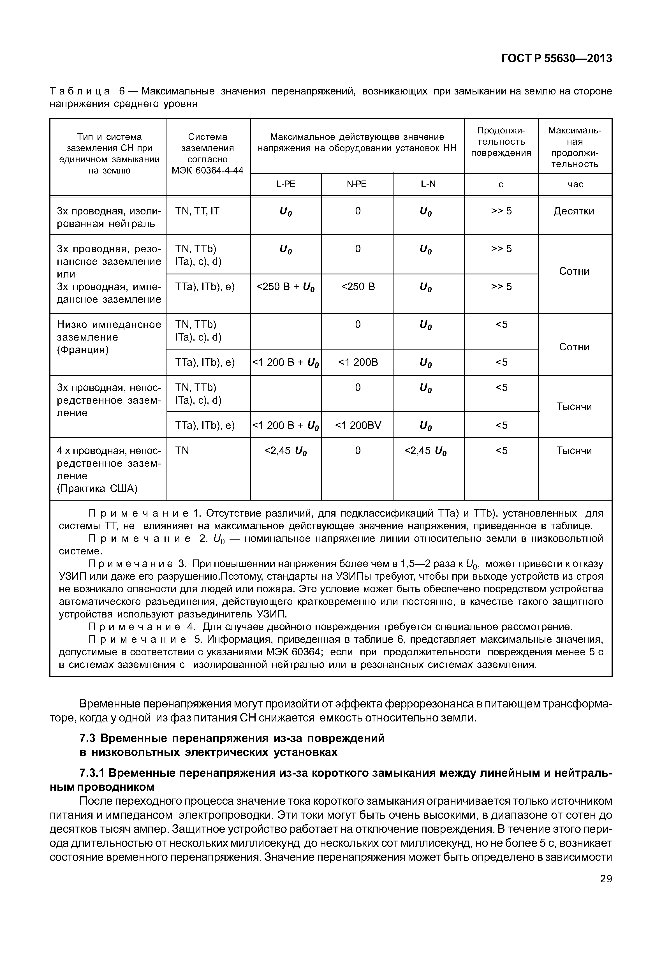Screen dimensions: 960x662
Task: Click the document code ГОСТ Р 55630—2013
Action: (x=556, y=59)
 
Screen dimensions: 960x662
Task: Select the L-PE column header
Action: (x=286, y=184)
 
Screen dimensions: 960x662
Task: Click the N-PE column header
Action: (x=357, y=184)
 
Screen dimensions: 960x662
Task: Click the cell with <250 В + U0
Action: (x=286, y=287)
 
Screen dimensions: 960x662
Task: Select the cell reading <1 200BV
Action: (x=358, y=425)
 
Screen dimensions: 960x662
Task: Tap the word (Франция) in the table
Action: (x=83, y=350)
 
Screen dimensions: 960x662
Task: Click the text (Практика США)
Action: (x=97, y=489)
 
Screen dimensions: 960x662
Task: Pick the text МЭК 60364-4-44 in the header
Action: (x=207, y=170)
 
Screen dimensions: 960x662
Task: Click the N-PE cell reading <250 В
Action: (x=358, y=287)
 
